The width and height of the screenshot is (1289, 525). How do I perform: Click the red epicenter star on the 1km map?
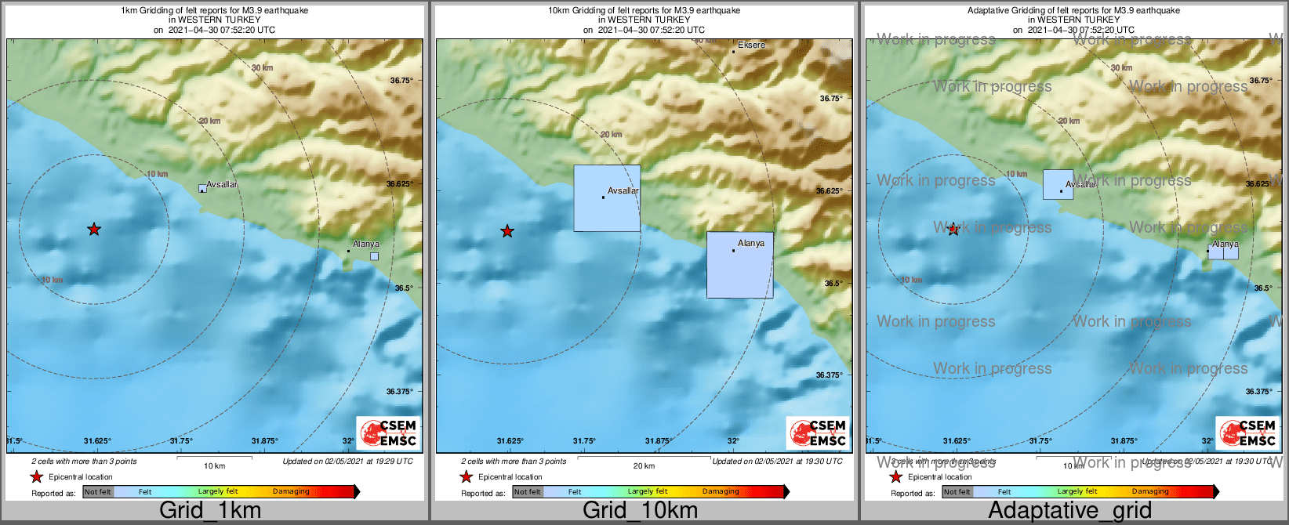point(94,230)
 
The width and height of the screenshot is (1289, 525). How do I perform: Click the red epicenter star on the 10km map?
point(507,231)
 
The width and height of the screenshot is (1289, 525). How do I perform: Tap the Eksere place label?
point(751,45)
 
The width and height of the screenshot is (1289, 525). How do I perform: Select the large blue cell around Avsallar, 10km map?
point(607,198)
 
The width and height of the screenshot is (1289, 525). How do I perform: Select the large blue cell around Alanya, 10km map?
point(739,265)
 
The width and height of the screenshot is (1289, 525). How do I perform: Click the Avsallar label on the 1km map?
point(222,185)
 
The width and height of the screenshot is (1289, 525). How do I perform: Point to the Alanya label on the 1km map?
point(365,244)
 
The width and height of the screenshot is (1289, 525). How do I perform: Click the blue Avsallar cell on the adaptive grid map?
point(1058,184)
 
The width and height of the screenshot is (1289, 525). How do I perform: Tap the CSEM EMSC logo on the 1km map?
point(388,433)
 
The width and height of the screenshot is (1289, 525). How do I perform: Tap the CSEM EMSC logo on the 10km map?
point(818,433)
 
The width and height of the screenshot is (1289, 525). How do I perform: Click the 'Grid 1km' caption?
point(210,510)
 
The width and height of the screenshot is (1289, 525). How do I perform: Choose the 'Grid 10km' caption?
point(640,510)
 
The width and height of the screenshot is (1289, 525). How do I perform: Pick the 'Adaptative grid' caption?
point(1069,510)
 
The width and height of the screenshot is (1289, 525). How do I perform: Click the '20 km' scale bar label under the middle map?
point(644,466)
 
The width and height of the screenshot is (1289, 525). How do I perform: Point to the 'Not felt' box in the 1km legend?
point(98,492)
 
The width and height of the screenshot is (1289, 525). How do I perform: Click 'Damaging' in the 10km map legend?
point(721,492)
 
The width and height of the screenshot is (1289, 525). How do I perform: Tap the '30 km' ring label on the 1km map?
point(262,68)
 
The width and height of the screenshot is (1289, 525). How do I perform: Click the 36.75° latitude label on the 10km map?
point(831,99)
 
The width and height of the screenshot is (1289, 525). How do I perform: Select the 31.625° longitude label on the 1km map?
point(98,441)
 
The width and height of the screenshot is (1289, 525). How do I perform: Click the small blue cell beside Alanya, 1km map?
point(374,256)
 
